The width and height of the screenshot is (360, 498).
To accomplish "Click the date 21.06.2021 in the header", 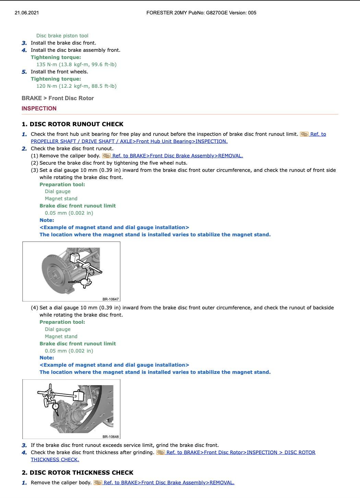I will click(x=27, y=13).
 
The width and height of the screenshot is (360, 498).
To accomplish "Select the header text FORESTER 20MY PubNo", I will click(x=175, y=13).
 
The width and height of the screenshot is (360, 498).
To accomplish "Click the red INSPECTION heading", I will click(x=39, y=108).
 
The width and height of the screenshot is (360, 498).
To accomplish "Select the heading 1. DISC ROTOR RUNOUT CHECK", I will click(x=72, y=124).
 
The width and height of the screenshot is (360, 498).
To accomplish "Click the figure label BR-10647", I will click(x=110, y=299).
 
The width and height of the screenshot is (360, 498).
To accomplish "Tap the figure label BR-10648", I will click(x=110, y=437).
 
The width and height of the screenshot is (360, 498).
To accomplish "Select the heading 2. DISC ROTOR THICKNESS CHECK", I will click(x=77, y=472).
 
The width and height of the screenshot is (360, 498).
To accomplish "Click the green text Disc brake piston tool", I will click(x=62, y=36).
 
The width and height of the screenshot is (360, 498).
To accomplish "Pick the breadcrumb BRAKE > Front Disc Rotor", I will click(x=58, y=98).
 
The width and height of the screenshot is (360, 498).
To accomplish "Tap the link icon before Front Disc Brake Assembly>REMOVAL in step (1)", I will click(x=106, y=156).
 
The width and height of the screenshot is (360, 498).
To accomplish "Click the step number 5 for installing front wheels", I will click(x=24, y=72).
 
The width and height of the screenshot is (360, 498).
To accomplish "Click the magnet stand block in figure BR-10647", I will click(x=74, y=258).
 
